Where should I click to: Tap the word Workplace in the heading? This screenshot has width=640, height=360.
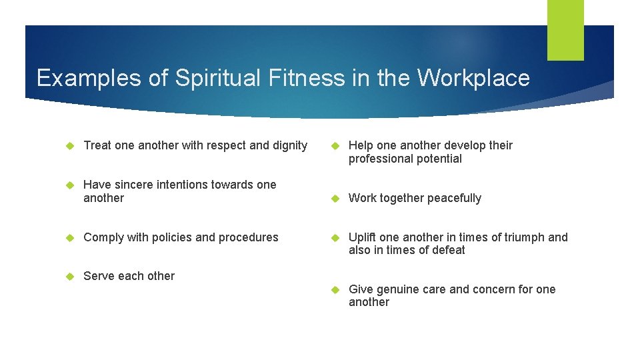pos(473,78)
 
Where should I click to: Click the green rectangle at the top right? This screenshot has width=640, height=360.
pos(565,30)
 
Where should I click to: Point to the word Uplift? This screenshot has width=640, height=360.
pos(362,237)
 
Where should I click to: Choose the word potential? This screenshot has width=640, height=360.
pos(437,159)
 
